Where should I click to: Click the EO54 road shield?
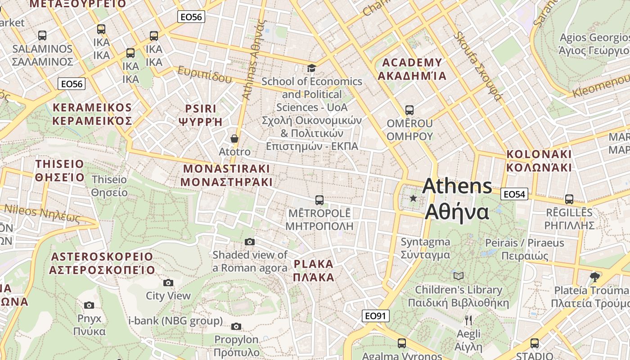tap(514, 194)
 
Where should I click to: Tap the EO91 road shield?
tap(375, 316)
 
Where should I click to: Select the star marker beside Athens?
tap(413, 198)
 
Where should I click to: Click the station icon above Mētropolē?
tap(319, 200)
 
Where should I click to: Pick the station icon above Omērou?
tap(409, 110)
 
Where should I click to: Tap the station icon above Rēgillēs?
tap(569, 199)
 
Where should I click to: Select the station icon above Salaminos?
tap(42, 36)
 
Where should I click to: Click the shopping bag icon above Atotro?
tap(234, 139)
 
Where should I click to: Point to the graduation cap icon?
tap(311, 68)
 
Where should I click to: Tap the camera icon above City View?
tap(168, 283)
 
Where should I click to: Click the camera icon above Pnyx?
tap(89, 305)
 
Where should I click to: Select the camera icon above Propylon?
tap(236, 326)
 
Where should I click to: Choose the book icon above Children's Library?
tap(459, 276)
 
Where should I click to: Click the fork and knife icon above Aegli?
tap(468, 320)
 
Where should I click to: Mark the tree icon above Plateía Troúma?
tap(595, 276)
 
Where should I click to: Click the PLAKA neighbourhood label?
tap(314, 270)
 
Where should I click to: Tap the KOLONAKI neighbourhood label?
tap(539, 161)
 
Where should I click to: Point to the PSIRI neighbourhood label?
tap(201, 115)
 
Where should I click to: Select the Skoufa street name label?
tap(477, 65)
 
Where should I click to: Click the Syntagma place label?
tap(425, 248)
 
